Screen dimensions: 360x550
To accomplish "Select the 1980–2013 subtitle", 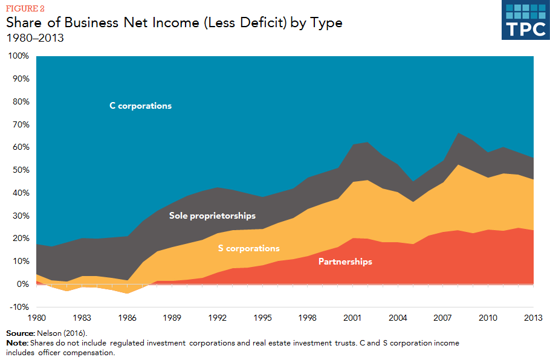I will pos(35,39).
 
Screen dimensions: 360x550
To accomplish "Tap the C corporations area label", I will pos(140,106).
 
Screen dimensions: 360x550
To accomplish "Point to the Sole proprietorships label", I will pos(212,216).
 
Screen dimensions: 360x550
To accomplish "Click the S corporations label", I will pos(248,248).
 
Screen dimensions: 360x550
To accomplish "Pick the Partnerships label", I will pos(345,262).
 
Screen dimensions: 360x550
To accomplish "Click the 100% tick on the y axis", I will pos(18,56).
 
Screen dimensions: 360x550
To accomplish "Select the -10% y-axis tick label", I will pos(18,307).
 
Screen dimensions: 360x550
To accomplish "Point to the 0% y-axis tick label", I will pos(22,284).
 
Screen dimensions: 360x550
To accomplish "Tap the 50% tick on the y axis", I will pos(20,170).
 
